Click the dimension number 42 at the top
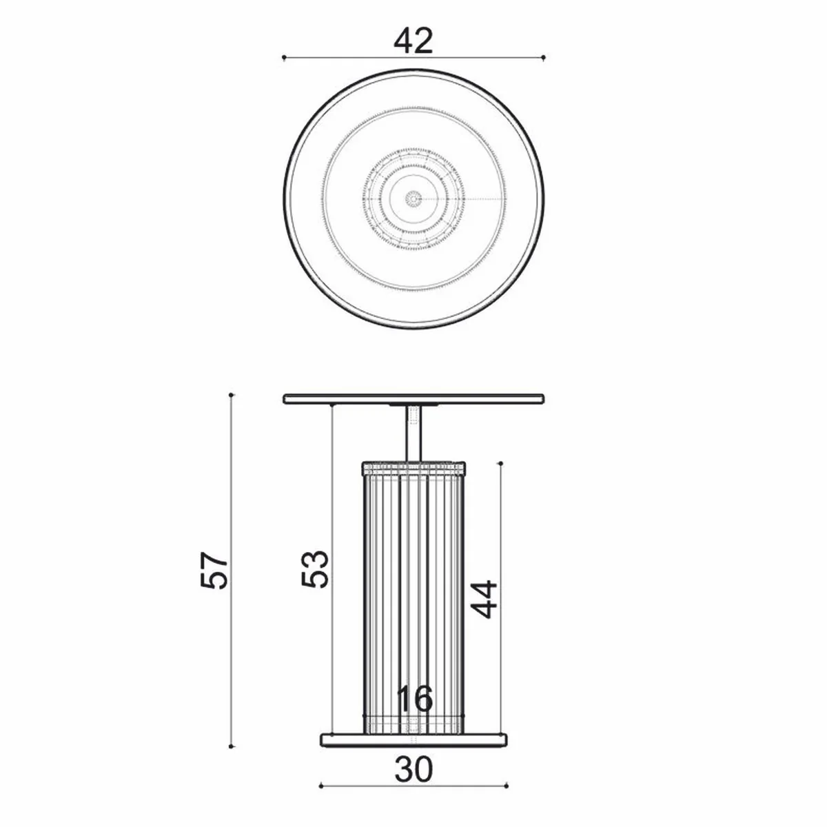point(413,42)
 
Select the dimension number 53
point(315,568)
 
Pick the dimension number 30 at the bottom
point(414,769)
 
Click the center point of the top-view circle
point(413,199)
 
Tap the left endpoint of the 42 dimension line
point(284,58)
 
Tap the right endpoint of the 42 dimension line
point(544,58)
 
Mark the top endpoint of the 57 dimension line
point(232,395)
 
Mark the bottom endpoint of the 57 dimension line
point(232,745)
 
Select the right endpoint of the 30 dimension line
point(507,784)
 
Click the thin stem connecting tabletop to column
point(413,432)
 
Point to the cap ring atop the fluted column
point(413,467)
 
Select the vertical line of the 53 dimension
point(332,482)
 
